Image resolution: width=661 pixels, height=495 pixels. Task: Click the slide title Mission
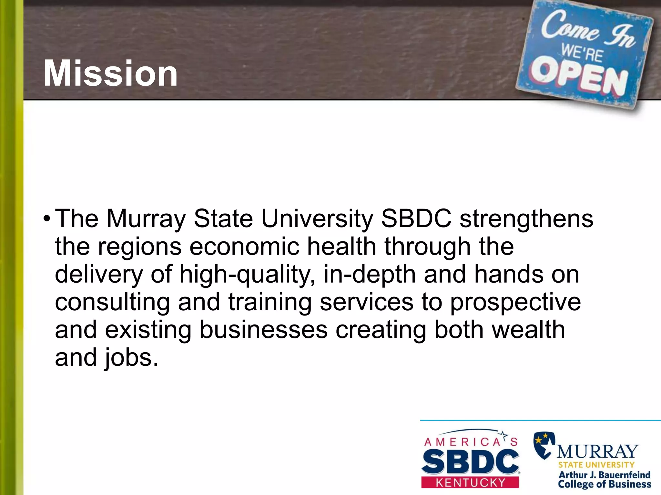[110, 73]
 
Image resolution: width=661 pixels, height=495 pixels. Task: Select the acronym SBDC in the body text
[416, 218]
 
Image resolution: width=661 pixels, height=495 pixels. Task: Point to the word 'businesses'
[263, 330]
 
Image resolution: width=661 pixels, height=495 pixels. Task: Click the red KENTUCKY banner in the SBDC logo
[470, 483]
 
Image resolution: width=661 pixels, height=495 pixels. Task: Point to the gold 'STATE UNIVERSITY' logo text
[596, 465]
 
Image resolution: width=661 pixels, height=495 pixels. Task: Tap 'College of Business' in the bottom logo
[605, 484]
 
